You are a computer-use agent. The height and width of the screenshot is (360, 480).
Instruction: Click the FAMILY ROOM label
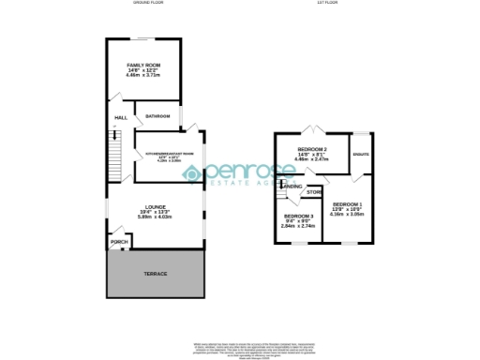143,65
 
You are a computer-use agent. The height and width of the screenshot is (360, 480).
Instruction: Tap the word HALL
121,117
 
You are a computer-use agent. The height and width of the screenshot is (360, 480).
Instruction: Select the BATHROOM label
157,116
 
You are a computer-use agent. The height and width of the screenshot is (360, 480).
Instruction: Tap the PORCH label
119,242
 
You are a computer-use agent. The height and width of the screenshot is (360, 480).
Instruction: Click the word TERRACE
155,274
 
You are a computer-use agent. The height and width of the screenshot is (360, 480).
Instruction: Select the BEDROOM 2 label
311,149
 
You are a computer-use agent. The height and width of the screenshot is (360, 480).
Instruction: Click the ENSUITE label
360,154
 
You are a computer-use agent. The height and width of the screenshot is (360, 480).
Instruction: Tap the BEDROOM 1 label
347,203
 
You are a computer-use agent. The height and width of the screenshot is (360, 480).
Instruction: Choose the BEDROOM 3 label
298,216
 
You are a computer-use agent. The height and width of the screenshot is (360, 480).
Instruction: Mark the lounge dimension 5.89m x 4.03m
155,217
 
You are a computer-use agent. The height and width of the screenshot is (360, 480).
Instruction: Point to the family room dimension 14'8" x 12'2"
143,71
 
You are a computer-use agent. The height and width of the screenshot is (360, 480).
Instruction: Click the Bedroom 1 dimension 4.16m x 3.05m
347,215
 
